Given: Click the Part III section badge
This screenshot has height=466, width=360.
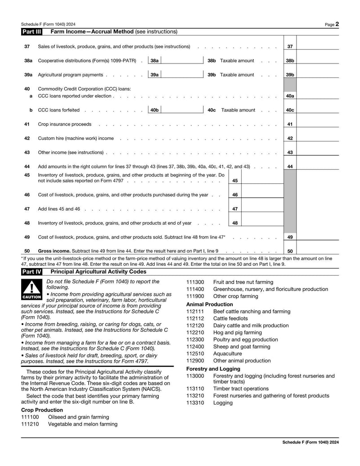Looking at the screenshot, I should tap(31, 32).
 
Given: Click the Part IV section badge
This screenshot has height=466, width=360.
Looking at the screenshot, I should tap(31, 272).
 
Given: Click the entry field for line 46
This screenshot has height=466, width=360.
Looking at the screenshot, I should tap(263, 195).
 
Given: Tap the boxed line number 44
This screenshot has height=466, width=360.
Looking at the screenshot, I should tap(290, 167).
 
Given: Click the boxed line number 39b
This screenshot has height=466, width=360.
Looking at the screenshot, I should tap(290, 75).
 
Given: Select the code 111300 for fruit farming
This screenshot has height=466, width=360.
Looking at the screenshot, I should tap(195, 282).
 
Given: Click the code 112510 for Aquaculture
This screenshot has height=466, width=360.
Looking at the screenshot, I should tap(195, 353).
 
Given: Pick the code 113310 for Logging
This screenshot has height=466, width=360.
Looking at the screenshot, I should tap(195, 403).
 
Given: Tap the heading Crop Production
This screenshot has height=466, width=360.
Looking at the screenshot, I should tap(42, 410).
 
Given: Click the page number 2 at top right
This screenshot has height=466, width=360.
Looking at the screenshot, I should tap(337, 24).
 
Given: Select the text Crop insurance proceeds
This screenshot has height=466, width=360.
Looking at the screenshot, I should tap(64, 124).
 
